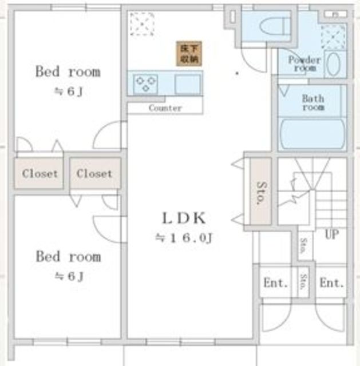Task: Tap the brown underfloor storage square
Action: point(188,53)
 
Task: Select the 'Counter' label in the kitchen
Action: point(165,108)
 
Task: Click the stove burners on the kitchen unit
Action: point(146,84)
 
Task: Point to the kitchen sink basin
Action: point(187,84)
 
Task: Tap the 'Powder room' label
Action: point(304,63)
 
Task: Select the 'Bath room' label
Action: point(313,102)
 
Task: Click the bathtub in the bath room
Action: point(312,133)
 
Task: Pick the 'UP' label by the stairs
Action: point(331,234)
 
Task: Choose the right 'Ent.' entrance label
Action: point(331,283)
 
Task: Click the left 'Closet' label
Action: point(39,173)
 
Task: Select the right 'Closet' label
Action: point(94,173)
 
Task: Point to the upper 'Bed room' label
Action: point(68,72)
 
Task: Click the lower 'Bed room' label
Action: point(68,256)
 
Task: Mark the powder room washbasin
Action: point(334,64)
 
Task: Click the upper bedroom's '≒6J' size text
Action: point(69,91)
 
